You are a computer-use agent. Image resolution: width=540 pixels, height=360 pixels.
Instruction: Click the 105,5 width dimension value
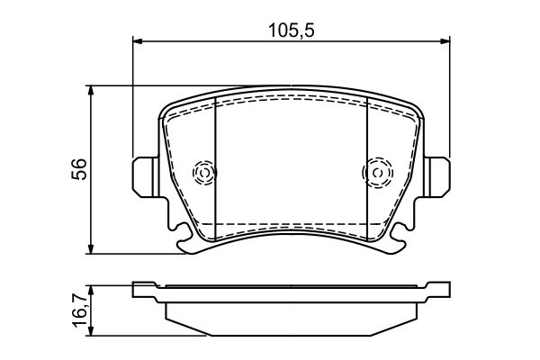[x=292, y=31]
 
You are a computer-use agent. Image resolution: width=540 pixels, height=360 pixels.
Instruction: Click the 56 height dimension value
[x=79, y=169]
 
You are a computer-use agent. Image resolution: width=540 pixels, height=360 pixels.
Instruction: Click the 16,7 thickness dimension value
[x=79, y=311]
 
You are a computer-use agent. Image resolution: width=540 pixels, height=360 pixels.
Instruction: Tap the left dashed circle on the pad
[x=204, y=172]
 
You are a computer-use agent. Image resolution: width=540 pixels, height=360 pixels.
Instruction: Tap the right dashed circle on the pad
[x=377, y=172]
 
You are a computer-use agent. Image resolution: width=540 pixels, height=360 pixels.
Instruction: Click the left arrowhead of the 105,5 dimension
[x=137, y=41]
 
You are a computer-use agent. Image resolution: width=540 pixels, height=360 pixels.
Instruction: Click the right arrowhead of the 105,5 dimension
[x=445, y=41]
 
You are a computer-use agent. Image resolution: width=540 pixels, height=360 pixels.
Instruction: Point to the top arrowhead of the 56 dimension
[x=91, y=90]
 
